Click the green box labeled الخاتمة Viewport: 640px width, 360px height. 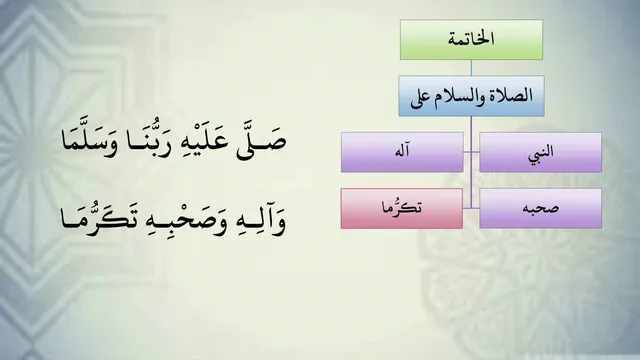tap(471, 40)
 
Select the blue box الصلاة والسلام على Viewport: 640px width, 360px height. tap(471, 96)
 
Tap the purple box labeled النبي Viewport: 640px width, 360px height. tap(540, 152)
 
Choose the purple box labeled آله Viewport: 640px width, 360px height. tap(402, 152)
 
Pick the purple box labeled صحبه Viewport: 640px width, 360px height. tap(540, 208)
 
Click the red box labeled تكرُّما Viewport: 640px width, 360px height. tap(402, 208)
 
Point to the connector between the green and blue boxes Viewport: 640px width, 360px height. tap(471, 68)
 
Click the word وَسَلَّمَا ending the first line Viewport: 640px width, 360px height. tap(89, 140)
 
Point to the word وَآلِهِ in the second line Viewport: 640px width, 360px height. tap(261, 221)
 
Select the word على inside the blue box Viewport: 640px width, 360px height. tap(420, 99)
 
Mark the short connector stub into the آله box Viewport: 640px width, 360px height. tap(467, 152)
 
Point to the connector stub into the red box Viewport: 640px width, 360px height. tap(467, 208)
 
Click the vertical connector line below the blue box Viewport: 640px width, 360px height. tap(471, 162)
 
